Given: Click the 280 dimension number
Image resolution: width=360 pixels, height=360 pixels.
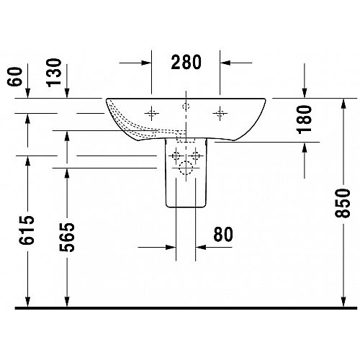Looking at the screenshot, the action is tap(186, 62).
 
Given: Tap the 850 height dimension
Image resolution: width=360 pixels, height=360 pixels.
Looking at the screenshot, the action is tap(343, 203).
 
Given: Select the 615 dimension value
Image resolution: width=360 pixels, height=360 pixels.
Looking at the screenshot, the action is tap(27, 230).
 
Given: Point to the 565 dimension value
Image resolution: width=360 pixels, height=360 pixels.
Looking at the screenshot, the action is tap(67, 238).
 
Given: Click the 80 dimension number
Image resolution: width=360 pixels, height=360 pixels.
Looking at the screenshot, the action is tap(223, 234).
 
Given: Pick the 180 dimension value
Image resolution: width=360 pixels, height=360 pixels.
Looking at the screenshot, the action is tap(304, 120).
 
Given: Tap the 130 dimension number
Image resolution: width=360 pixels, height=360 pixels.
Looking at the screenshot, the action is tap(54, 73).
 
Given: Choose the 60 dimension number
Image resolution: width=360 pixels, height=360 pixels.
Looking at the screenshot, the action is tap(15, 76).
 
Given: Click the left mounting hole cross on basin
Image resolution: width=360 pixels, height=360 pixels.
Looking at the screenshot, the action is tap(151, 113).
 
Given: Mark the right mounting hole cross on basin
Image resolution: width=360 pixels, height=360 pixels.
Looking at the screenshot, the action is tap(220, 113).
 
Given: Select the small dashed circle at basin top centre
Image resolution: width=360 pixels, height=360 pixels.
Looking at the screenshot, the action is tap(186, 107).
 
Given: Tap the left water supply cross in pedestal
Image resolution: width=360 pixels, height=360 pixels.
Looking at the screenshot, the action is tap(176, 156).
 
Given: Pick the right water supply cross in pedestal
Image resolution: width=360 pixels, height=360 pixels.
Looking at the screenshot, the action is tap(196, 156).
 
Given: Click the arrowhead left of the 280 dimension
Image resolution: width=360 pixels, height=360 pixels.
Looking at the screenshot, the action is tap(146, 63).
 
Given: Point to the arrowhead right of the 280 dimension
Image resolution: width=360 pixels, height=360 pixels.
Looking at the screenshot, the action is tap(225, 63).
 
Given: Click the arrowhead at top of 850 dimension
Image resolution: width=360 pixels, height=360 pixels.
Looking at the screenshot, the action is tap(343, 104).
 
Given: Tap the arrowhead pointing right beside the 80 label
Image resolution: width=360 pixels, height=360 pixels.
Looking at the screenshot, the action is tap(171, 247).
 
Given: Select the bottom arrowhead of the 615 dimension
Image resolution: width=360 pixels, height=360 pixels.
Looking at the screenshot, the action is tap(28, 302).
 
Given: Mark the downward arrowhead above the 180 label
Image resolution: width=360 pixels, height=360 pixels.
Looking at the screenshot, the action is tap(305, 93).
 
